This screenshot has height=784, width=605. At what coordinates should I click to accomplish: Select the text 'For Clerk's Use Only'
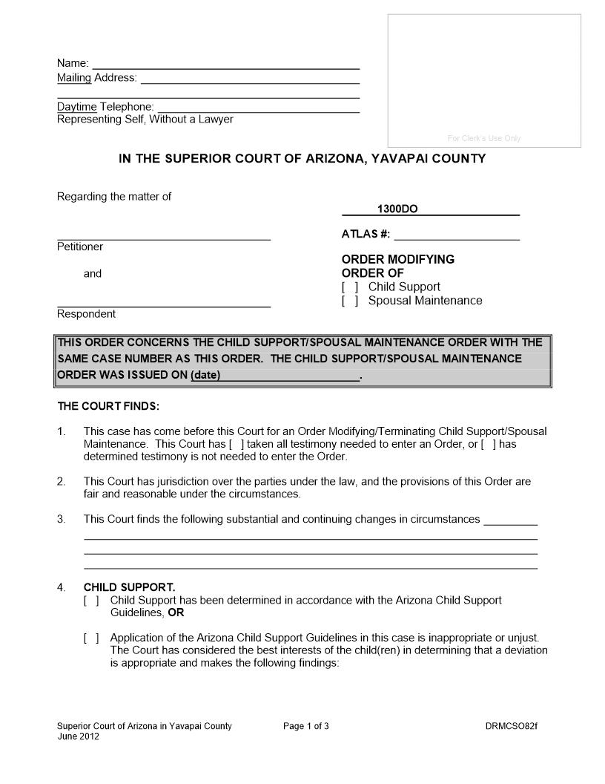(x=484, y=138)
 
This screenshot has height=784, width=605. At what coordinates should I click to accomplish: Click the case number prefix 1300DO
(x=397, y=209)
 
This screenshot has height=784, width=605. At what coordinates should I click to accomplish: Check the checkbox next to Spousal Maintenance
(x=350, y=301)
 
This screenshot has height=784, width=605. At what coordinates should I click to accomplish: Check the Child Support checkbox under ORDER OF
(x=350, y=287)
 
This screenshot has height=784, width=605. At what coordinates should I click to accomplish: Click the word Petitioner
(x=80, y=246)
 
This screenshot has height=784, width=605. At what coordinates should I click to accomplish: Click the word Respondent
(x=86, y=314)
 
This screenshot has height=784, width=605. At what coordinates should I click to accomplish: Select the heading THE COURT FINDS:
(x=108, y=406)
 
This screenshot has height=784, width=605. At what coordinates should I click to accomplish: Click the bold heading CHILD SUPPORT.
(x=129, y=587)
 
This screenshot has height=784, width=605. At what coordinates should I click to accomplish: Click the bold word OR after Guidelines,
(x=176, y=613)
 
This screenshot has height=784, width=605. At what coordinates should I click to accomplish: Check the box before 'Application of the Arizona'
(x=91, y=638)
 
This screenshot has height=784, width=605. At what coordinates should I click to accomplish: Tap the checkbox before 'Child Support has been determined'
(x=91, y=600)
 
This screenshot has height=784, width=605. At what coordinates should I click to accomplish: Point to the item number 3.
(x=62, y=519)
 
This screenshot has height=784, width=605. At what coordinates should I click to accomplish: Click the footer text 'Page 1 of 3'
(x=305, y=726)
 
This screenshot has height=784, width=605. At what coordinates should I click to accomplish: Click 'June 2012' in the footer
(x=78, y=736)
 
